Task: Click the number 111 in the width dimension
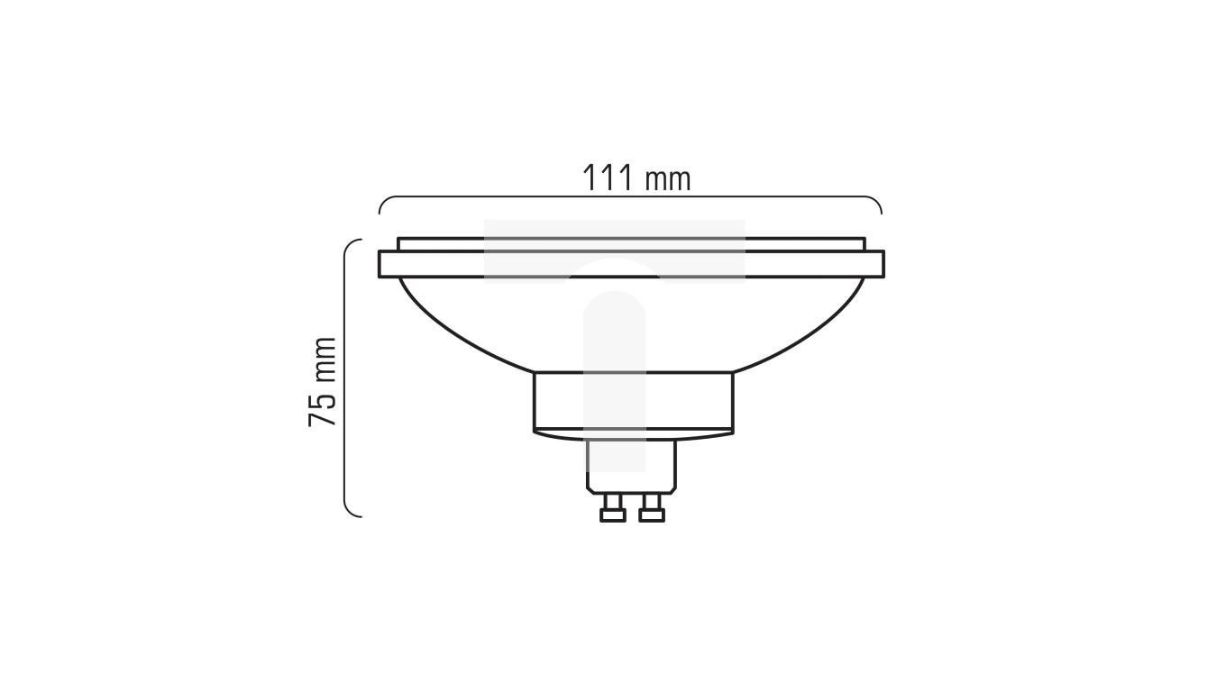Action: (607, 178)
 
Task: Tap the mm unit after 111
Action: (667, 179)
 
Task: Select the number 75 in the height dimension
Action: (323, 408)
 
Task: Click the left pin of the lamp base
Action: (613, 512)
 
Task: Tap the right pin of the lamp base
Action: (651, 512)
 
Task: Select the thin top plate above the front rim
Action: (631, 244)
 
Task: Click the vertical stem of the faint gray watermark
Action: (614, 378)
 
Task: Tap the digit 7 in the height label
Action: (323, 418)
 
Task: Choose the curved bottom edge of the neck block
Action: (633, 437)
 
